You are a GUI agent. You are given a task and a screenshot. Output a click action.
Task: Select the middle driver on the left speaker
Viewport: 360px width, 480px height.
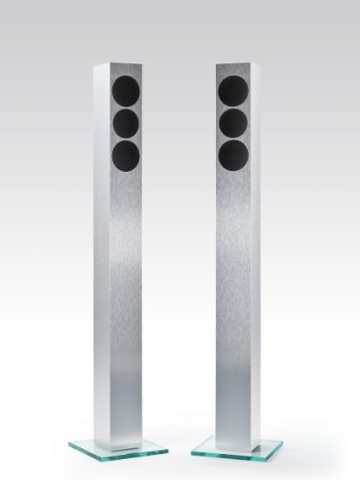tap(127, 123)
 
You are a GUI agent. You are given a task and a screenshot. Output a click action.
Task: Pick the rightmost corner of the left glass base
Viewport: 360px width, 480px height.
tap(169, 448)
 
